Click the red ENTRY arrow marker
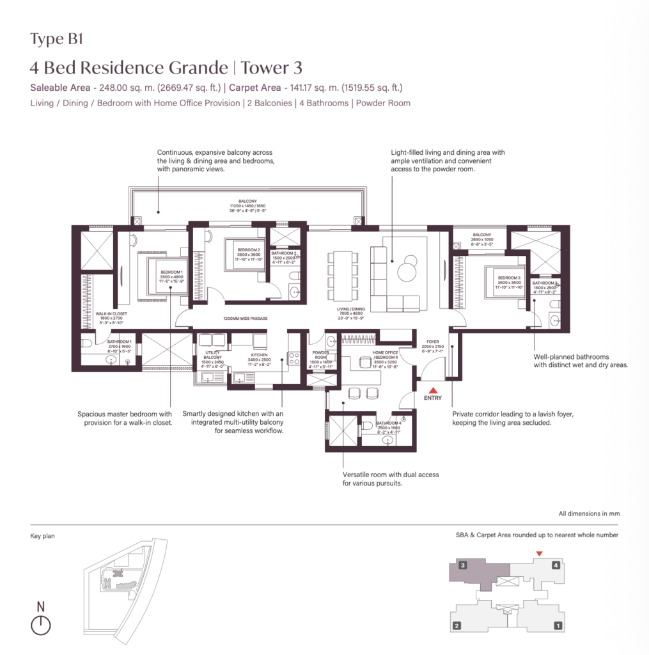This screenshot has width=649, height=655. (433, 390)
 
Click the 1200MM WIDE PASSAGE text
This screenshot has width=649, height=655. (245, 318)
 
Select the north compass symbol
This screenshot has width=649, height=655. (40, 625)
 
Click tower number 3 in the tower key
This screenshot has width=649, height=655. (461, 565)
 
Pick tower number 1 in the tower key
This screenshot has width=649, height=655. (558, 626)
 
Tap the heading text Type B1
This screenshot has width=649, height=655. (57, 39)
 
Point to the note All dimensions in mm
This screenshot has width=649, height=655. (588, 514)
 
